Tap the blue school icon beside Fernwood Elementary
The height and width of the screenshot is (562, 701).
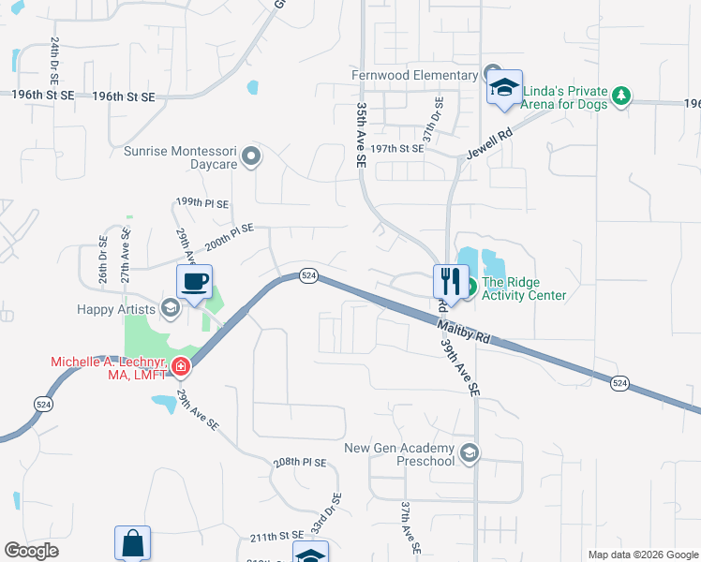[x=505, y=89]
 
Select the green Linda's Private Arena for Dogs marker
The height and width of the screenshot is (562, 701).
[x=620, y=95]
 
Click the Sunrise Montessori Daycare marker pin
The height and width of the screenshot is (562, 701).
[x=250, y=156]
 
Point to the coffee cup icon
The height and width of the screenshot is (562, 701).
[x=195, y=282]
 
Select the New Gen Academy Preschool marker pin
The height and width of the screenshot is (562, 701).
[x=470, y=454]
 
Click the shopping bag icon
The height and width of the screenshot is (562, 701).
[x=132, y=543]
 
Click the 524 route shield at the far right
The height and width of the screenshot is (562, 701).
[x=619, y=382]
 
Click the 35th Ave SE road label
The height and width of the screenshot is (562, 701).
[x=361, y=136]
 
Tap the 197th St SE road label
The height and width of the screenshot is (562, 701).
[x=398, y=149]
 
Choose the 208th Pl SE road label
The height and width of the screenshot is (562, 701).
[x=300, y=463]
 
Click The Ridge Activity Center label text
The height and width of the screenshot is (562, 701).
[x=525, y=288]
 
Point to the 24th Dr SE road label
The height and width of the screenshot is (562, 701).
[x=54, y=59]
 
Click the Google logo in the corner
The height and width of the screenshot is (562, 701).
[x=32, y=551]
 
